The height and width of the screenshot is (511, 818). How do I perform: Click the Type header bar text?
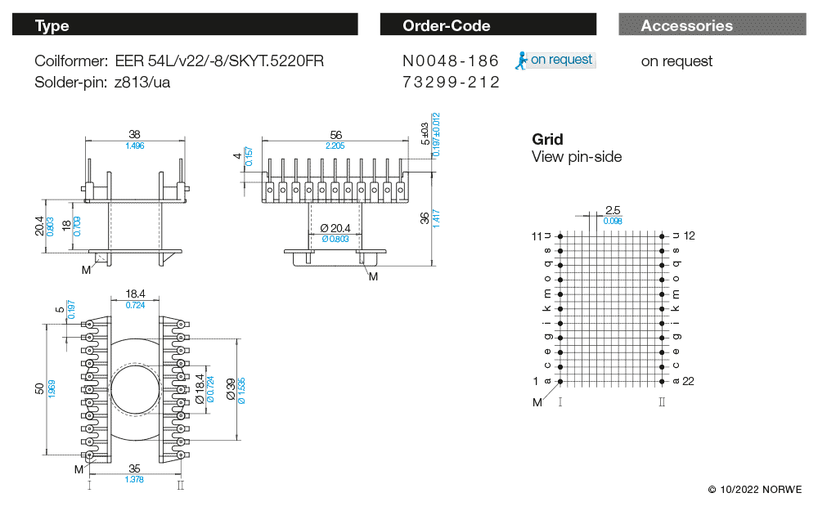pyautogui.click(x=52, y=25)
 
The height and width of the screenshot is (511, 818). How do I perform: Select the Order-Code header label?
pyautogui.click(x=446, y=25)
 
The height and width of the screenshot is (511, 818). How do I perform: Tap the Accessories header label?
pyautogui.click(x=686, y=25)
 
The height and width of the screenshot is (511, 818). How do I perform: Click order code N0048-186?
pyautogui.click(x=451, y=61)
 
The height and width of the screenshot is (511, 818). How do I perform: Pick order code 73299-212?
pyautogui.click(x=451, y=83)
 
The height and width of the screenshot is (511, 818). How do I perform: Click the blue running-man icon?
pyautogui.click(x=520, y=60)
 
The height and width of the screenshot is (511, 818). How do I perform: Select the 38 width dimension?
pyautogui.click(x=135, y=135)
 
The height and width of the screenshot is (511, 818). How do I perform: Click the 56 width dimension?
pyautogui.click(x=335, y=135)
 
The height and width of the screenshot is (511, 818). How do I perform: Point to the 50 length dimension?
pyautogui.click(x=39, y=388)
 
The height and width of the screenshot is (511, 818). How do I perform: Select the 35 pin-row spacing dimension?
pyautogui.click(x=135, y=469)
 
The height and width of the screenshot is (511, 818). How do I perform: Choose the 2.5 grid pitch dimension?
pyautogui.click(x=613, y=210)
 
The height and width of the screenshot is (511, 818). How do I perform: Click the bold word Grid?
pyautogui.click(x=547, y=139)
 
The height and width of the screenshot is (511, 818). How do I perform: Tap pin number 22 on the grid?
pyautogui.click(x=688, y=381)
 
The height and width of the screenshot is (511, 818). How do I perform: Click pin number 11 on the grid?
pyautogui.click(x=537, y=235)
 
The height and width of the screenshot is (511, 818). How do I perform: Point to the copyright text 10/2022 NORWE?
pyautogui.click(x=755, y=490)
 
